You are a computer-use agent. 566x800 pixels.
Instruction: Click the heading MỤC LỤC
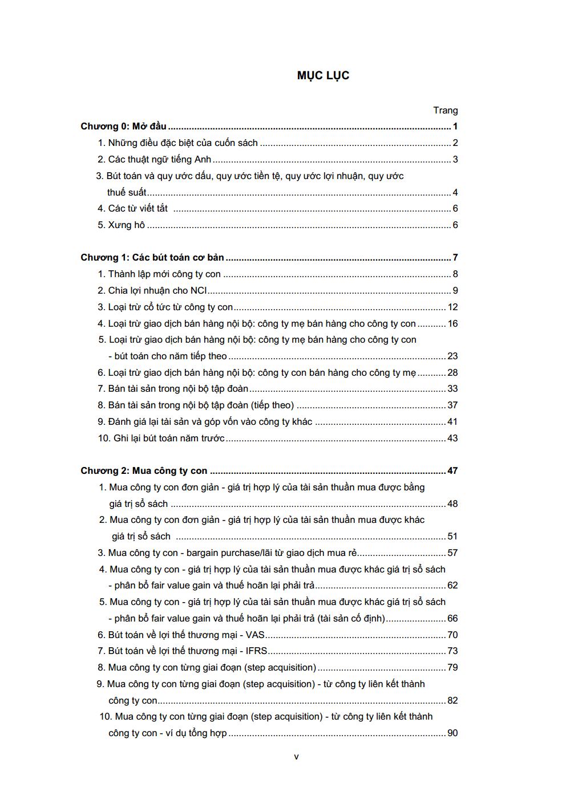click(x=323, y=76)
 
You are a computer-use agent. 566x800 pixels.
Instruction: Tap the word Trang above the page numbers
click(x=445, y=111)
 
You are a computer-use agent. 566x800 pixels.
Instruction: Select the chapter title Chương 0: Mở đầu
click(x=123, y=127)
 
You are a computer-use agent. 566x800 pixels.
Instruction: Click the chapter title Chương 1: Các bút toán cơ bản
click(x=152, y=258)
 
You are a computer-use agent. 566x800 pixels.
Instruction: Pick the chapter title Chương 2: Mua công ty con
click(x=144, y=471)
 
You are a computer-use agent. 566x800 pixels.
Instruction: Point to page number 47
click(x=452, y=471)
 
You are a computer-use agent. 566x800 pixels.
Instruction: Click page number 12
click(x=452, y=307)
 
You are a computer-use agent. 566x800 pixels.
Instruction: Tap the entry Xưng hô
click(x=126, y=225)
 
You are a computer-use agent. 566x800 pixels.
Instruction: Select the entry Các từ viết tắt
click(x=138, y=209)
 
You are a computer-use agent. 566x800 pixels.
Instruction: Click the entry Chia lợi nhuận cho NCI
click(x=157, y=291)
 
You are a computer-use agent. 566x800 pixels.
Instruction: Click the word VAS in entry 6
click(x=255, y=635)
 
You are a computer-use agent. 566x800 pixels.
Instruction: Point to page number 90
click(x=452, y=733)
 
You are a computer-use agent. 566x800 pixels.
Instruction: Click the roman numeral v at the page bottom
click(x=296, y=757)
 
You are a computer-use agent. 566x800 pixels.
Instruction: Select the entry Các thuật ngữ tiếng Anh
click(x=159, y=160)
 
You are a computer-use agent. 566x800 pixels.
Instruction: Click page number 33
click(x=452, y=389)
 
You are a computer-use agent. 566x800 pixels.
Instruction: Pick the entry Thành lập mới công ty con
click(x=164, y=274)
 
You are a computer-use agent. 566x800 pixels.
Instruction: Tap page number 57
click(x=452, y=553)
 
